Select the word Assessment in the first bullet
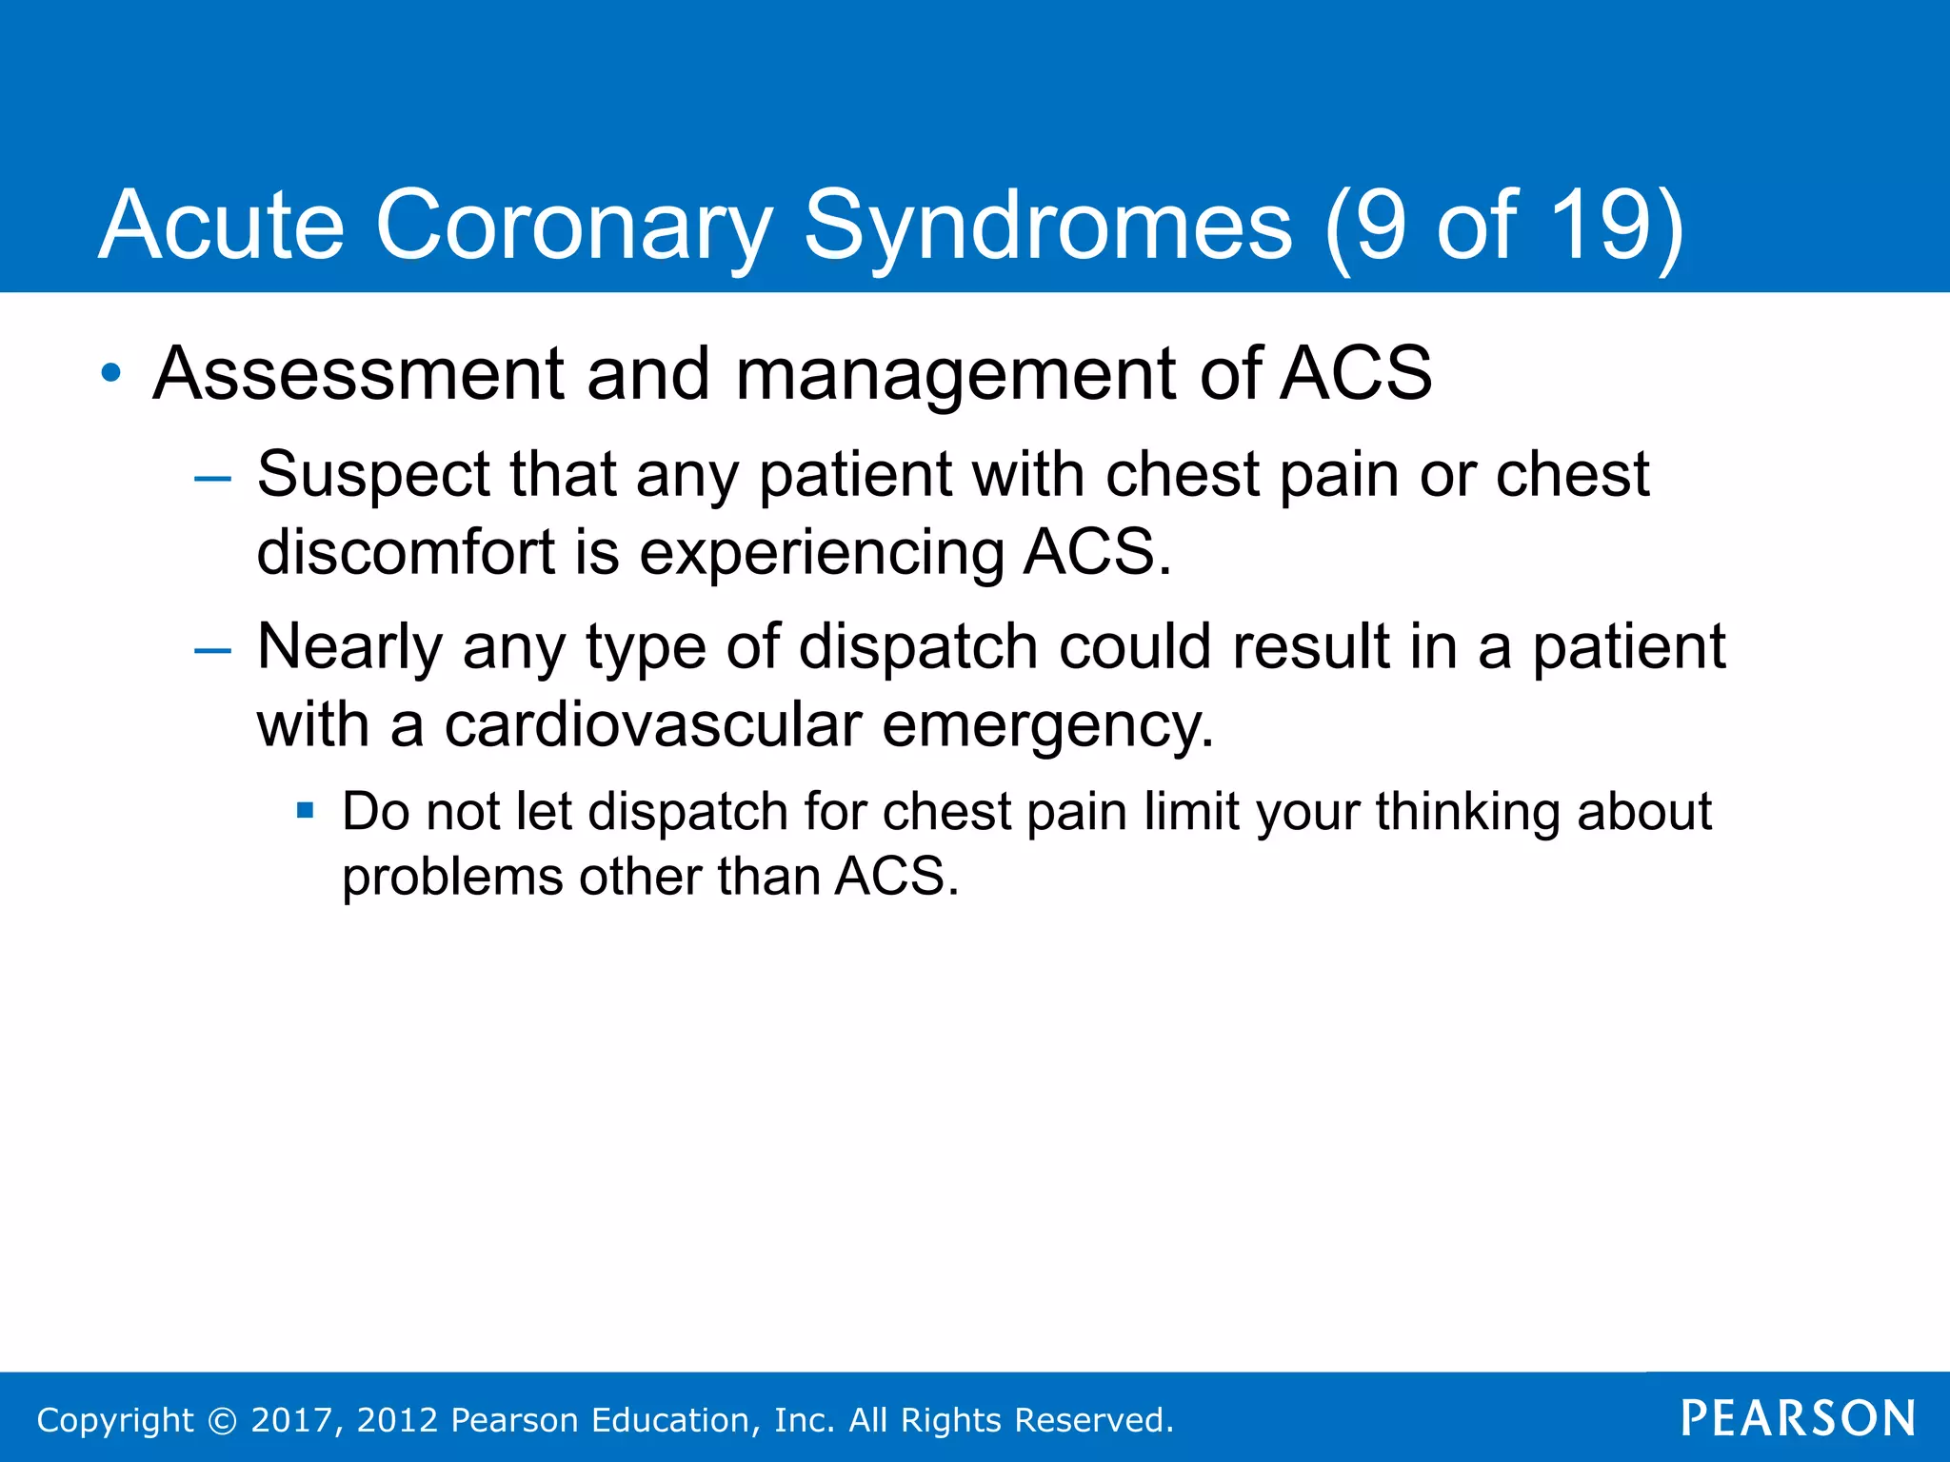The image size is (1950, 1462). pos(358,373)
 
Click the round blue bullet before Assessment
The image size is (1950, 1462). pos(111,373)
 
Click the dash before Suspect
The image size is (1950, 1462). pos(211,479)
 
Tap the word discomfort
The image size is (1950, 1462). pos(406,552)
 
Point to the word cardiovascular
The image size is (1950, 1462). pos(652,725)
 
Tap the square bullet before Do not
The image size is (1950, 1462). pos(305,812)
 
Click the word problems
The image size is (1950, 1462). pos(451,877)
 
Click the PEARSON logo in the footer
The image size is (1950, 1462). pos(1798,1418)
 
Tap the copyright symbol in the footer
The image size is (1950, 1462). pos(221,1420)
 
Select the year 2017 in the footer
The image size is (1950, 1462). pos(291,1420)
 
